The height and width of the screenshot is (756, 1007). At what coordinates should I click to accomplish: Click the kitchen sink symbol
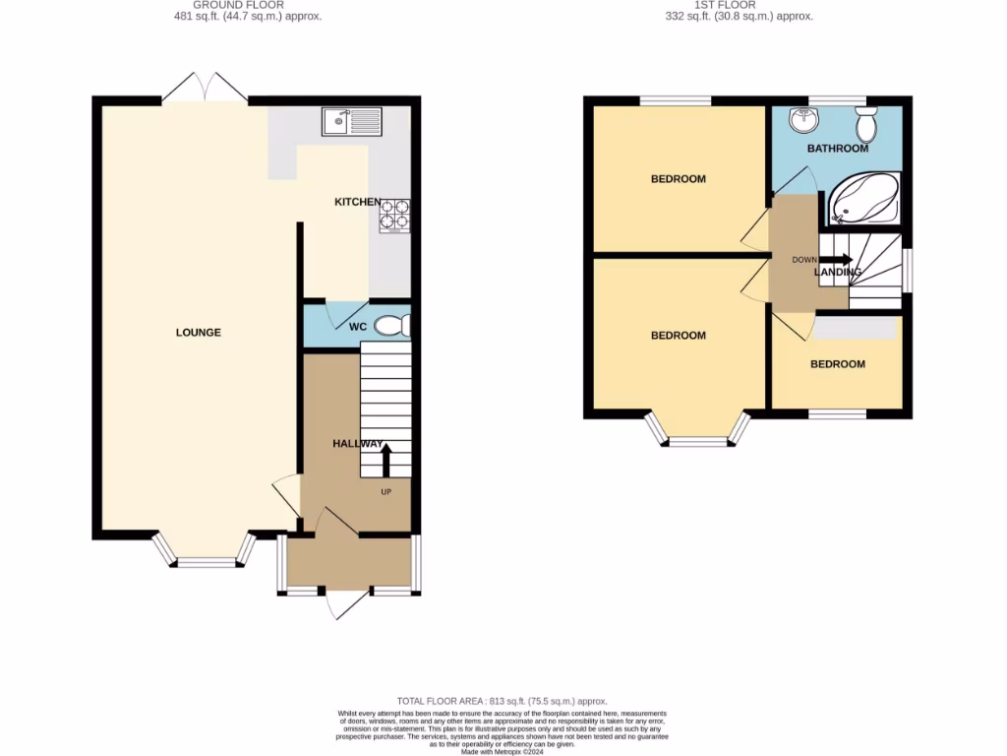point(351,122)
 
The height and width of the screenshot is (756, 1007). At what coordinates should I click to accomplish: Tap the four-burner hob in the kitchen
point(394,216)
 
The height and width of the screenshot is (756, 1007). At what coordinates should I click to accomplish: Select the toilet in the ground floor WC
point(391,325)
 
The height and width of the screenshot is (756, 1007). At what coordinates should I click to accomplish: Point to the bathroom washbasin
point(803,121)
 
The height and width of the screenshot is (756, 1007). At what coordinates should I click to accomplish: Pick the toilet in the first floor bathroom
point(866,125)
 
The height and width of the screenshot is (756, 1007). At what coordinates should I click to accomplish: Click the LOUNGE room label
point(199,333)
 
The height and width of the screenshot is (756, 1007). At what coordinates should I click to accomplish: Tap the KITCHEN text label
point(358,202)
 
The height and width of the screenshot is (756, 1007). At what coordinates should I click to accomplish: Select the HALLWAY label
point(357,444)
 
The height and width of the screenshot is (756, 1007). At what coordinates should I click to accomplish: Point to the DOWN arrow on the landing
point(838,260)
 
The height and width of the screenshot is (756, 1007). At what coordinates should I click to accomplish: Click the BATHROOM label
point(838,149)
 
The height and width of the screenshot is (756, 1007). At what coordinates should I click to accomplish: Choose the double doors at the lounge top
point(205,88)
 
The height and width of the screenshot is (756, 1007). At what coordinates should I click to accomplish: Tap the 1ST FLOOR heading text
point(725,5)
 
